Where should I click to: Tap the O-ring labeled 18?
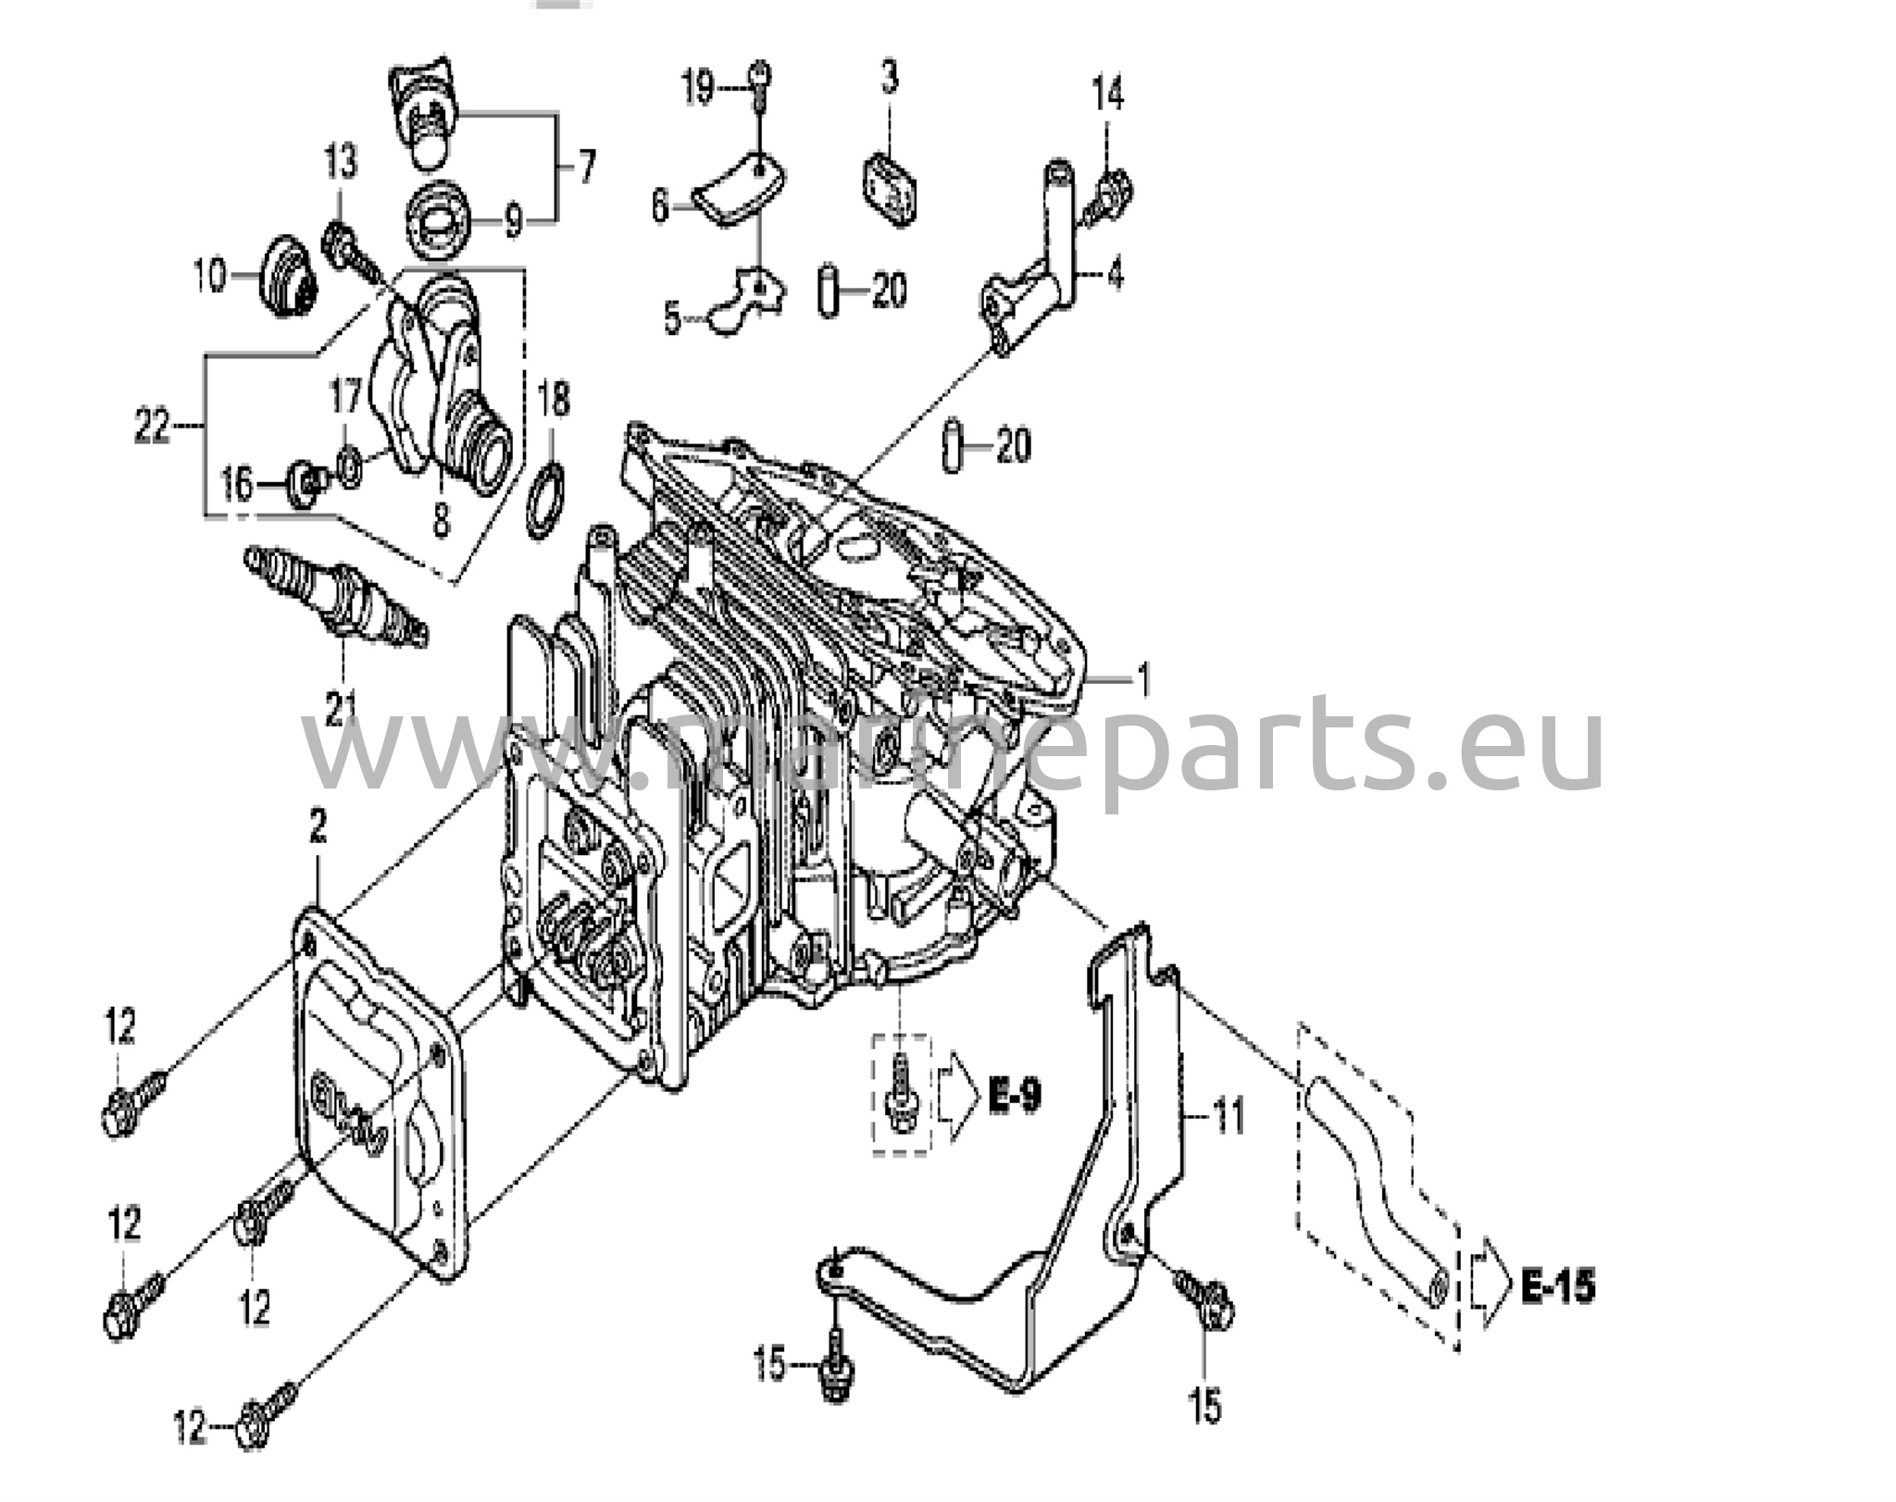pos(546,501)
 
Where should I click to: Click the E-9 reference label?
pos(1014,1097)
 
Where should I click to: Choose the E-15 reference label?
pos(1559,1286)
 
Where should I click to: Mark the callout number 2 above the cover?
pos(318,828)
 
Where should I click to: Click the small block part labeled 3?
pos(891,189)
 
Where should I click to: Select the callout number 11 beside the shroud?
pos(1229,1117)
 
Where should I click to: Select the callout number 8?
pos(441,518)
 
